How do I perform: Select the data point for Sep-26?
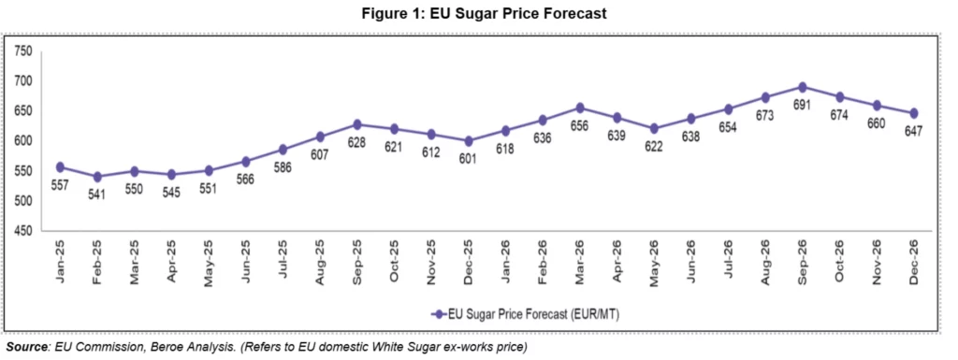coord(802,87)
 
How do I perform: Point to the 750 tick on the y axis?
coord(25,51)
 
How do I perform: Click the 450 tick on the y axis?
coord(25,231)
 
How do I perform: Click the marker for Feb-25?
coord(96,177)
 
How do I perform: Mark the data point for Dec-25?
coord(468,141)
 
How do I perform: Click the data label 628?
coord(356,143)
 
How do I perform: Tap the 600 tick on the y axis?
coord(25,141)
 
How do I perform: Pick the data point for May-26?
coord(653,128)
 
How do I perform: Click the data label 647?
coord(913,131)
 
